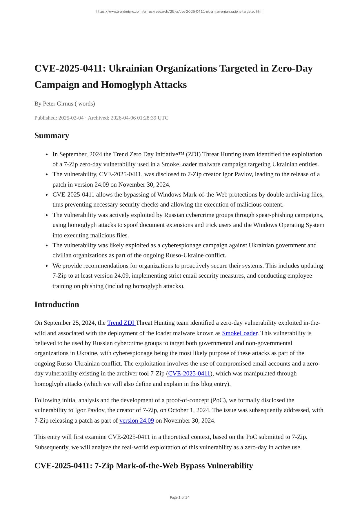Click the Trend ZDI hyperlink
(121, 323)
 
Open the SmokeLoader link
(239, 333)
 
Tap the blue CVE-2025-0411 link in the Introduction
(189, 374)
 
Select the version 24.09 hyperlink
(137, 421)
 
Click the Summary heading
(52, 136)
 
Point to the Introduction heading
(57, 305)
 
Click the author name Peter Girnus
(58, 104)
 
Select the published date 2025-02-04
(71, 118)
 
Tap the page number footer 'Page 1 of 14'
(180, 497)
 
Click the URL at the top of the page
(180, 12)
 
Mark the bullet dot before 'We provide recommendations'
(47, 266)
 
